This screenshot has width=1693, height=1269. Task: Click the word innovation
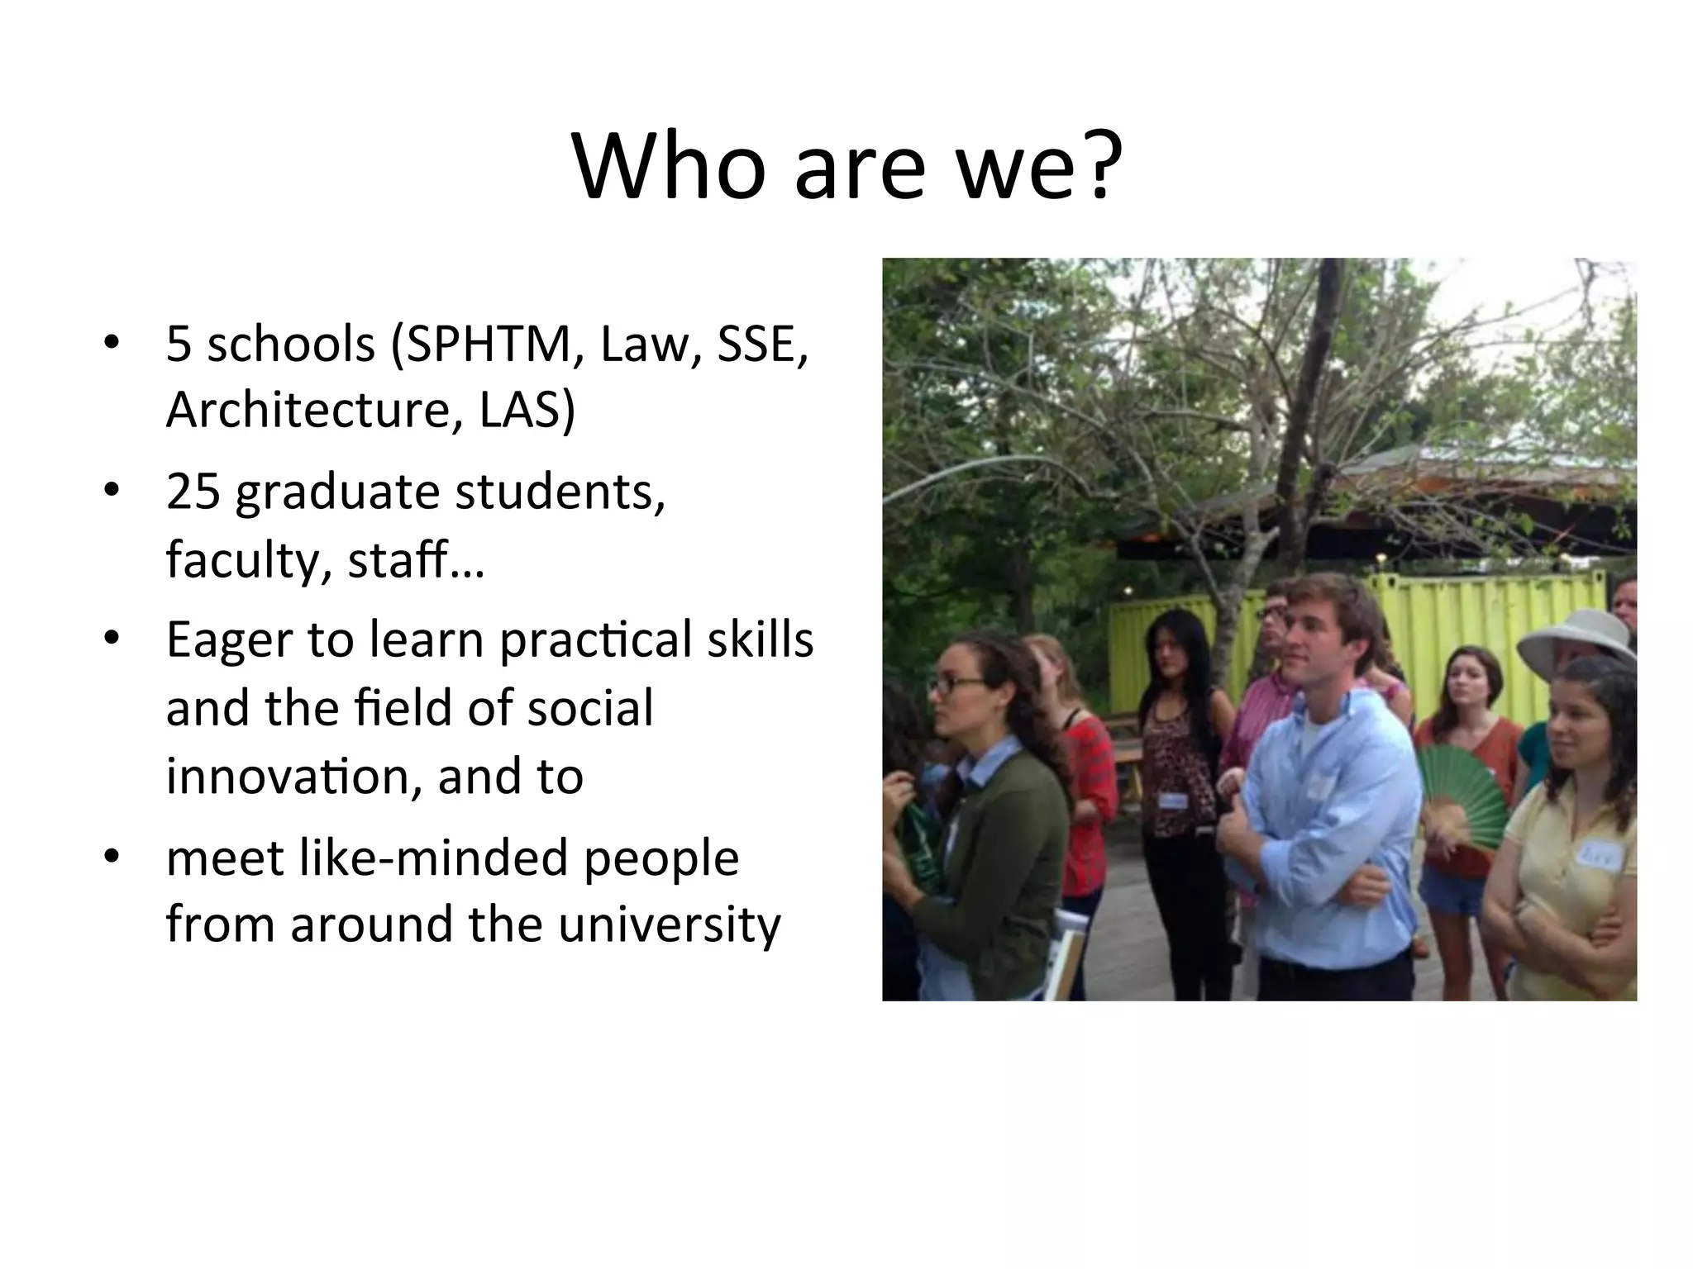pyautogui.click(x=294, y=777)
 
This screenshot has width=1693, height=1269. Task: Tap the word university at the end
pyautogui.click(x=668, y=924)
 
